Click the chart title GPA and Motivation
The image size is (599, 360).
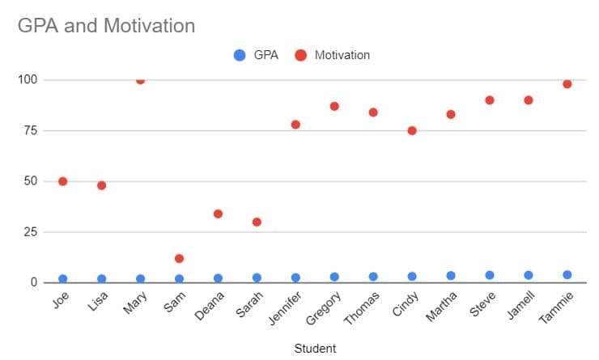click(106, 26)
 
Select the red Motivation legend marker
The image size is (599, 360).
click(301, 55)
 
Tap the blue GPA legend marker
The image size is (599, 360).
click(240, 55)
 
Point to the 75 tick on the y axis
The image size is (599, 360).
click(29, 130)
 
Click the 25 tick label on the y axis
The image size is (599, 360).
click(29, 232)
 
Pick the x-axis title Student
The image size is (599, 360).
click(314, 349)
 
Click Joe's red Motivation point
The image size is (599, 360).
click(62, 181)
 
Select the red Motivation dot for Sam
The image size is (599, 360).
click(179, 259)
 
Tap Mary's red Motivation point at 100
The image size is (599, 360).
click(140, 80)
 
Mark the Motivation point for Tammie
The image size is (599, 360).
click(567, 84)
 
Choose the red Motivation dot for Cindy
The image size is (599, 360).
click(412, 130)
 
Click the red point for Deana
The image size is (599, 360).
click(218, 214)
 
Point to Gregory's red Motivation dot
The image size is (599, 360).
click(334, 106)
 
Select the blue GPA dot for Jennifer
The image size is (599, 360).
click(295, 277)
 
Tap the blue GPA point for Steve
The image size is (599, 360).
click(490, 275)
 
